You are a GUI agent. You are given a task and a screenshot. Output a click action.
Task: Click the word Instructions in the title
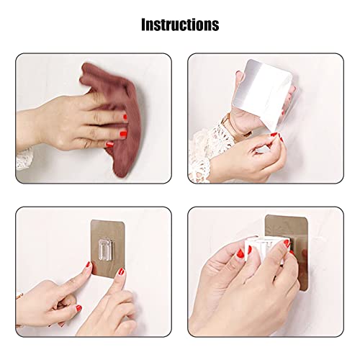[179, 24]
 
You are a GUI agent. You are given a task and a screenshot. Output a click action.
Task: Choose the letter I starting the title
[143, 24]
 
